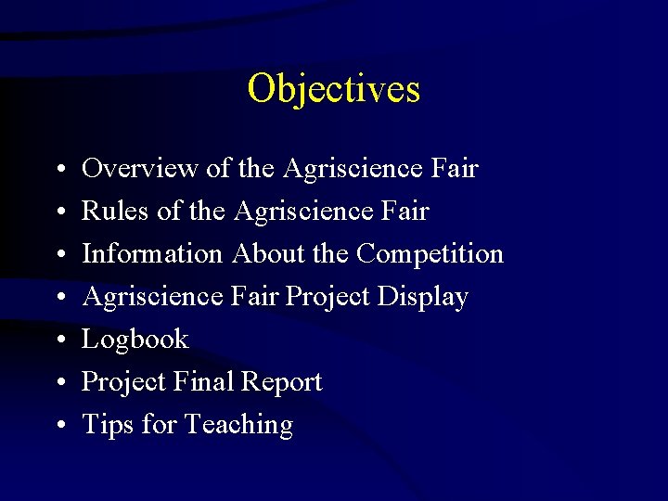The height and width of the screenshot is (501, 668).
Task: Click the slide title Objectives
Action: pos(334,90)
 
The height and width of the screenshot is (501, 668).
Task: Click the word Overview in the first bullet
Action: pos(140,169)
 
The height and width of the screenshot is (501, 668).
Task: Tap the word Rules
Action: pos(116,212)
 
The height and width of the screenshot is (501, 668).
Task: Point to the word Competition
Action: pos(430,254)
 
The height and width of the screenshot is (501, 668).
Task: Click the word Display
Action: pos(424,297)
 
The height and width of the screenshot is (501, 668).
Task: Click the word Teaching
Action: pos(238,425)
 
